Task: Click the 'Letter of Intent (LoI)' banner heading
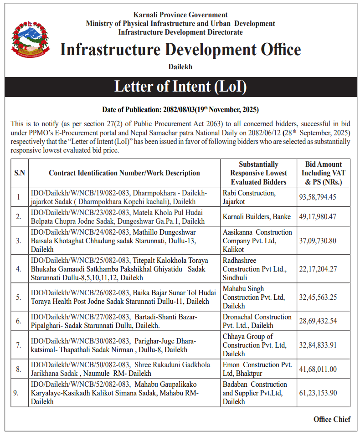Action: click(180, 87)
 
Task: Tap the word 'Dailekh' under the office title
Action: click(180, 67)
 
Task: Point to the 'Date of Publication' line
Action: click(180, 109)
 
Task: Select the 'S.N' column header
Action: click(19, 173)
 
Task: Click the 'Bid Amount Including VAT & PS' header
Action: click(324, 173)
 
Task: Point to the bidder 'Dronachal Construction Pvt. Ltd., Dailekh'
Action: click(257, 321)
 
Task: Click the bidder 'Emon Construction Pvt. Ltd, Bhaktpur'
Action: click(257, 369)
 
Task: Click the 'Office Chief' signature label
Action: click(332, 419)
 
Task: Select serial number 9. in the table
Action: click(19, 393)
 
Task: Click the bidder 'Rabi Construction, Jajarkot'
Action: click(249, 197)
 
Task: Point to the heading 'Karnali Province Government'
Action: click(180, 15)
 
